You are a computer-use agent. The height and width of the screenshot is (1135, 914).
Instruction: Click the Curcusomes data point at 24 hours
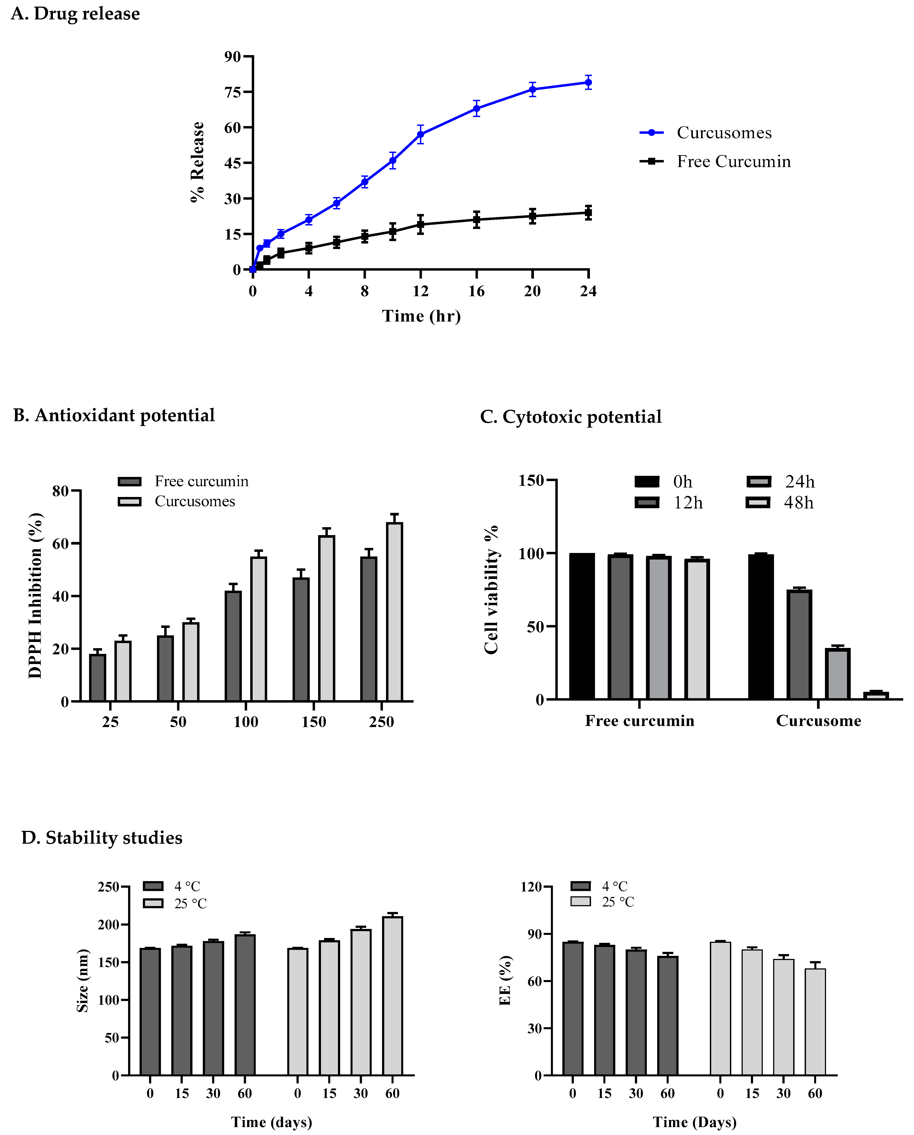tap(588, 82)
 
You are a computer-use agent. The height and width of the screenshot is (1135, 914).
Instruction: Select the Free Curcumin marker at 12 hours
tap(420, 224)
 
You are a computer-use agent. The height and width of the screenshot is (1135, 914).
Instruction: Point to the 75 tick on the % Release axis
tap(232, 92)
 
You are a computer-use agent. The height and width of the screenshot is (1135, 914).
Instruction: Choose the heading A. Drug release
tap(75, 14)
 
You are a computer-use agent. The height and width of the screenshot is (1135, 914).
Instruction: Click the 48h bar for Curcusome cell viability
tap(876, 695)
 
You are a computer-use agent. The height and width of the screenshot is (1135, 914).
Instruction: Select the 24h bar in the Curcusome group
tap(837, 674)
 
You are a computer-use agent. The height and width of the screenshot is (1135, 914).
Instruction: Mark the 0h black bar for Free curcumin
tap(582, 627)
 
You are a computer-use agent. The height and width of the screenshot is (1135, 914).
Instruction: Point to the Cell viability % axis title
tap(491, 590)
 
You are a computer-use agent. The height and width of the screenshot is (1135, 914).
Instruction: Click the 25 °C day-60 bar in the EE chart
tap(815, 1021)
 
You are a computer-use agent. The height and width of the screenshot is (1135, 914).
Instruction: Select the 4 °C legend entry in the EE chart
tap(600, 887)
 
